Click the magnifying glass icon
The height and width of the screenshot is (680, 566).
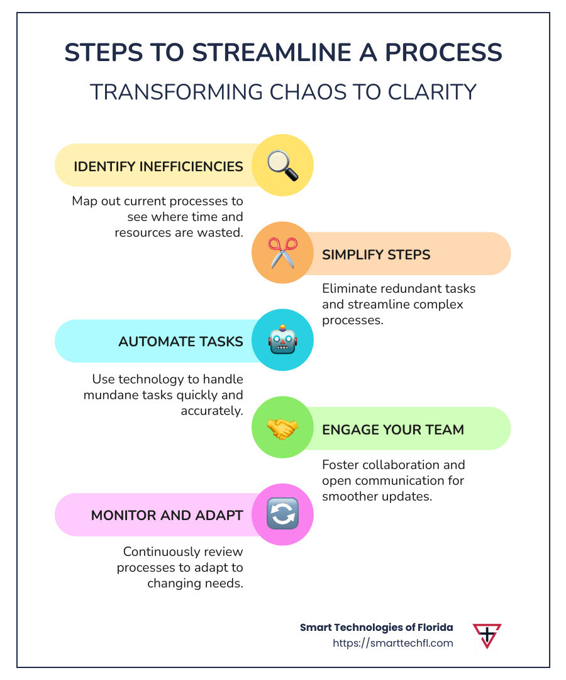(x=282, y=166)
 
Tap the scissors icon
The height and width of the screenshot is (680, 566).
(x=282, y=253)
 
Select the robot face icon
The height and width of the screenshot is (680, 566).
(x=282, y=341)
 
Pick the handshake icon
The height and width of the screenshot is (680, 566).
(x=282, y=429)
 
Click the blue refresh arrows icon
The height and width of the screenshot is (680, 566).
(x=282, y=514)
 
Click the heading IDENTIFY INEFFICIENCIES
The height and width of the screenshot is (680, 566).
(x=158, y=166)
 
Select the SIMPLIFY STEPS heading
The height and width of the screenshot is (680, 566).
(x=376, y=254)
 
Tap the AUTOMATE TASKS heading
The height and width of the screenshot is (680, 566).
(x=180, y=341)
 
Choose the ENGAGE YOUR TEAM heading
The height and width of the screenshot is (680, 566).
(x=393, y=429)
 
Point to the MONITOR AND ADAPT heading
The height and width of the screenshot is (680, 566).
(x=167, y=515)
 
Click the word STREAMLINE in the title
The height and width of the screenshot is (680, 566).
(x=266, y=54)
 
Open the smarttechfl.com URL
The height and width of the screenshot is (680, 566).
(x=392, y=643)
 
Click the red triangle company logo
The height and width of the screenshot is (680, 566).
(x=487, y=635)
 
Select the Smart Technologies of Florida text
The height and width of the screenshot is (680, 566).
(x=376, y=628)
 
